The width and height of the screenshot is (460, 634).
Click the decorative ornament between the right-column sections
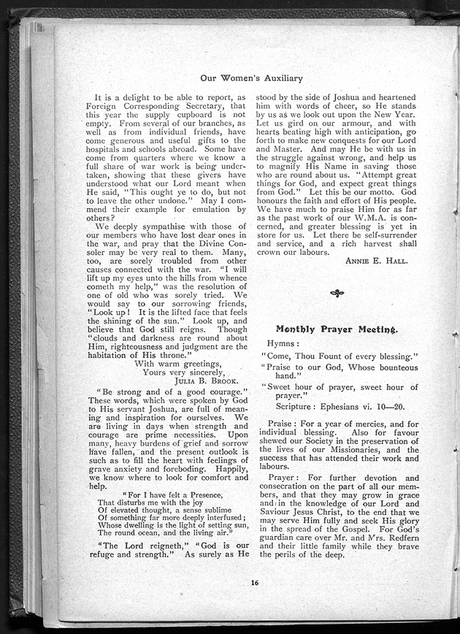coord(336,294)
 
